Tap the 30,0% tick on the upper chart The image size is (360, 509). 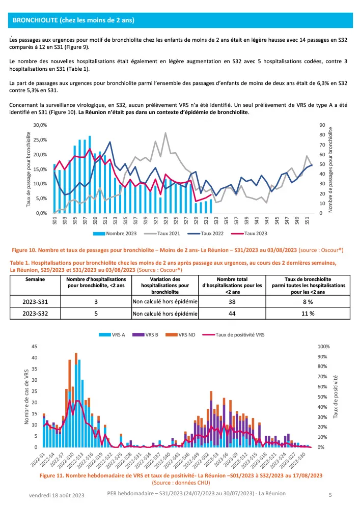(39, 125)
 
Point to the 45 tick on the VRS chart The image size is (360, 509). (35, 347)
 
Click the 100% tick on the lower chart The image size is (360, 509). (324, 347)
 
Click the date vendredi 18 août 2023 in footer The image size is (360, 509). (57, 495)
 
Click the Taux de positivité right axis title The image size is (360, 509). (337, 397)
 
